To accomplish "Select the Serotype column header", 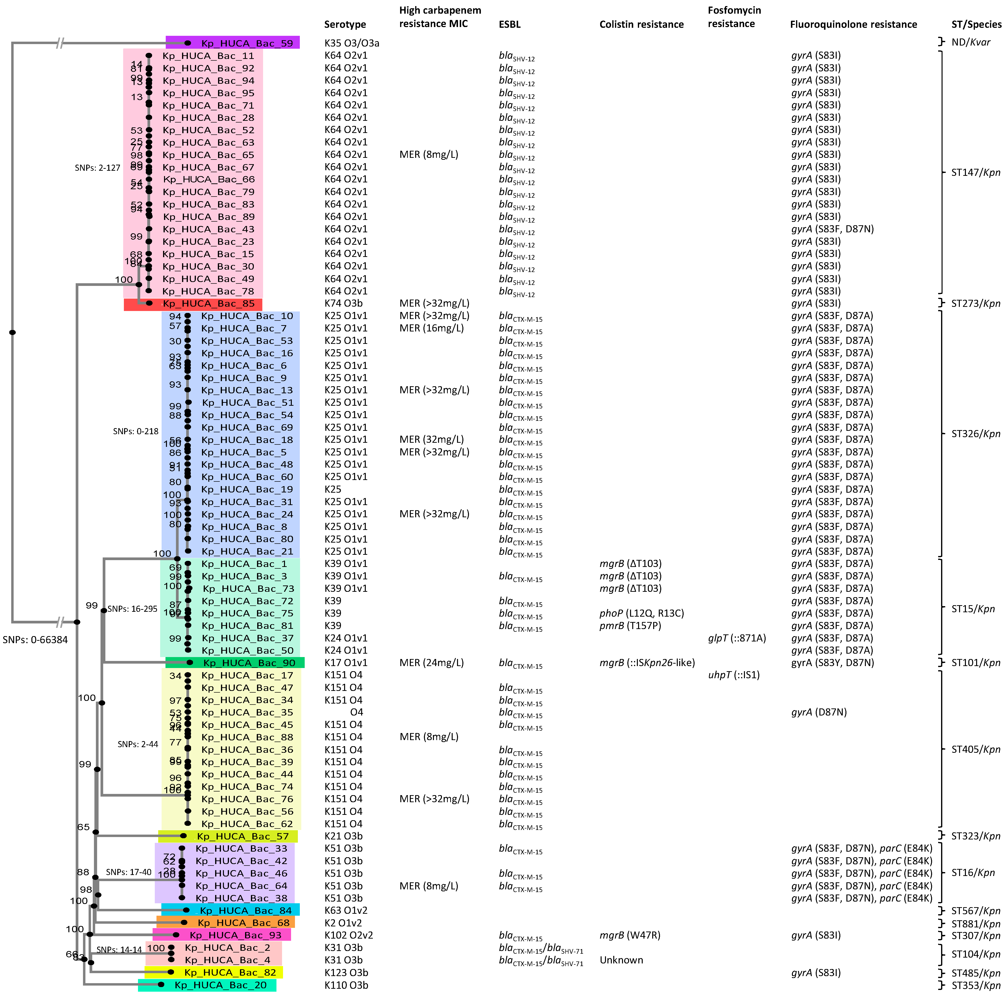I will tap(345, 25).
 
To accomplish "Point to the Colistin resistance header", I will tap(641, 25).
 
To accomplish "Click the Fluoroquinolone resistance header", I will tap(853, 25).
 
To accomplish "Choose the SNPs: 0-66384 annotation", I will tap(35, 640).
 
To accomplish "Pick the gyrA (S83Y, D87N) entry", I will tap(832, 663).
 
